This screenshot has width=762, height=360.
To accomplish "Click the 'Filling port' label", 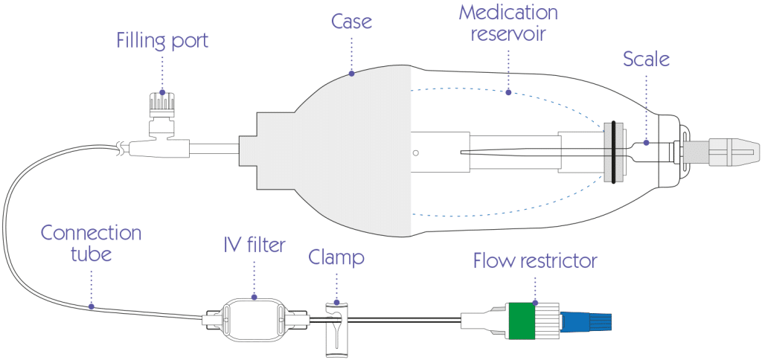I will pyautogui.click(x=162, y=40).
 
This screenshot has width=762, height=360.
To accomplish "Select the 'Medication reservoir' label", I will pyautogui.click(x=508, y=24).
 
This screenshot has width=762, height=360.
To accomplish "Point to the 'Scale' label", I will pyautogui.click(x=646, y=59).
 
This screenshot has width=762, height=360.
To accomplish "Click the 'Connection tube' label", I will pyautogui.click(x=91, y=243).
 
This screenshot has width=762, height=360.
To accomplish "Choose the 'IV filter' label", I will pyautogui.click(x=254, y=244).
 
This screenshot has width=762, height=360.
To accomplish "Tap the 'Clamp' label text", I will pyautogui.click(x=336, y=258).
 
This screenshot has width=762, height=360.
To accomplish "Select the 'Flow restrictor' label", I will pyautogui.click(x=534, y=261).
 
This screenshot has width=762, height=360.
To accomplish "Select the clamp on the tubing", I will pyautogui.click(x=336, y=327).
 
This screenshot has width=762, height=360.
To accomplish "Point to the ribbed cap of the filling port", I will pyautogui.click(x=162, y=103).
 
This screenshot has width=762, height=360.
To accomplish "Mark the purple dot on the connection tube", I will pyautogui.click(x=91, y=306).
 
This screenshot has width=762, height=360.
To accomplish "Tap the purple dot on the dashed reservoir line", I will pyautogui.click(x=508, y=93).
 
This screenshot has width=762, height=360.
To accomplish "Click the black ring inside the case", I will pyautogui.click(x=612, y=151).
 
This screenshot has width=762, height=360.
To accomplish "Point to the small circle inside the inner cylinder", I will pyautogui.click(x=416, y=152).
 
